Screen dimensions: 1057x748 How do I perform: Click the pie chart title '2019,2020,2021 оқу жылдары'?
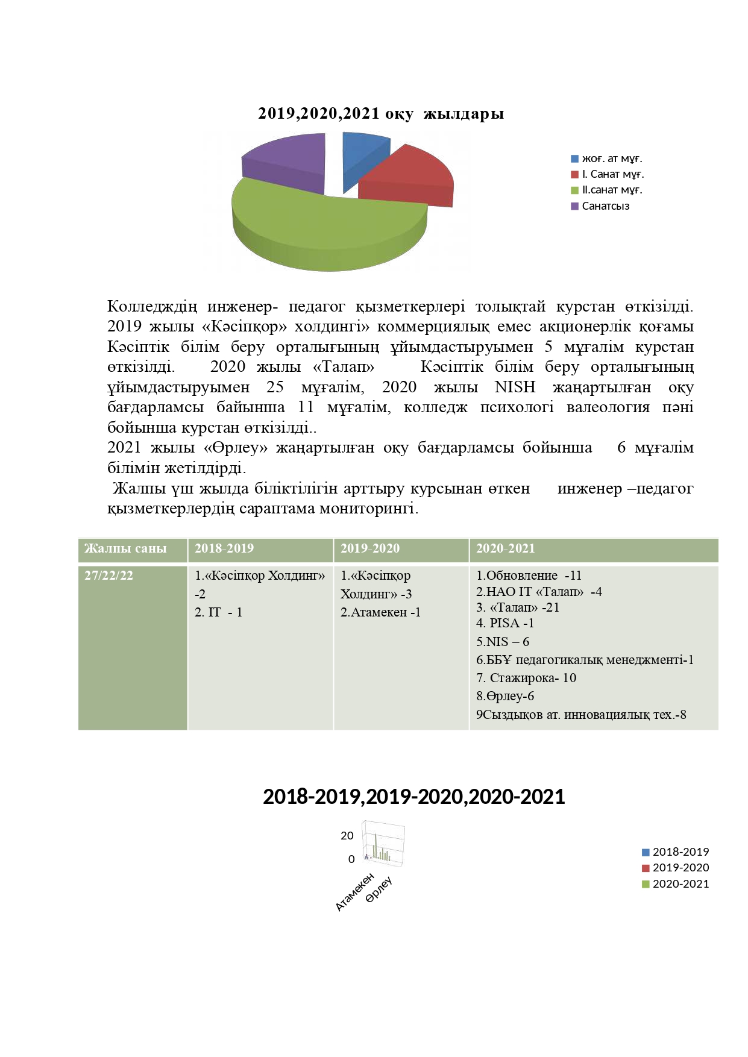(381, 113)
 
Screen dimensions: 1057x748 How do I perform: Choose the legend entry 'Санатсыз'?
(605, 206)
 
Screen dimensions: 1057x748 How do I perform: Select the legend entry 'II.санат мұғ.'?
(612, 190)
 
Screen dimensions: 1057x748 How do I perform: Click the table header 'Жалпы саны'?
(125, 548)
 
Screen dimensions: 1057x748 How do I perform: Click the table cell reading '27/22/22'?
(108, 575)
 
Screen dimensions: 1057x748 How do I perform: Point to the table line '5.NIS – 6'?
(503, 642)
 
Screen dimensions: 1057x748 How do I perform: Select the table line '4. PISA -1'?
(505, 623)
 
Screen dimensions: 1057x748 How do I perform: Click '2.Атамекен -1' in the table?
(380, 612)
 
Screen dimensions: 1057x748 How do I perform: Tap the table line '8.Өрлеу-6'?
(505, 696)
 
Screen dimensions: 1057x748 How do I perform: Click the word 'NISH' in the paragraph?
(515, 387)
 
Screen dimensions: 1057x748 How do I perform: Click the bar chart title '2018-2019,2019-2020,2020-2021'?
(414, 797)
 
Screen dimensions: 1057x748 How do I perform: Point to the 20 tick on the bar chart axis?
(347, 835)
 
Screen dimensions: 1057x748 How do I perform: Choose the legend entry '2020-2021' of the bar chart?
(680, 884)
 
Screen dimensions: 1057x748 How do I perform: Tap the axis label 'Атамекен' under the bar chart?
(355, 892)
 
